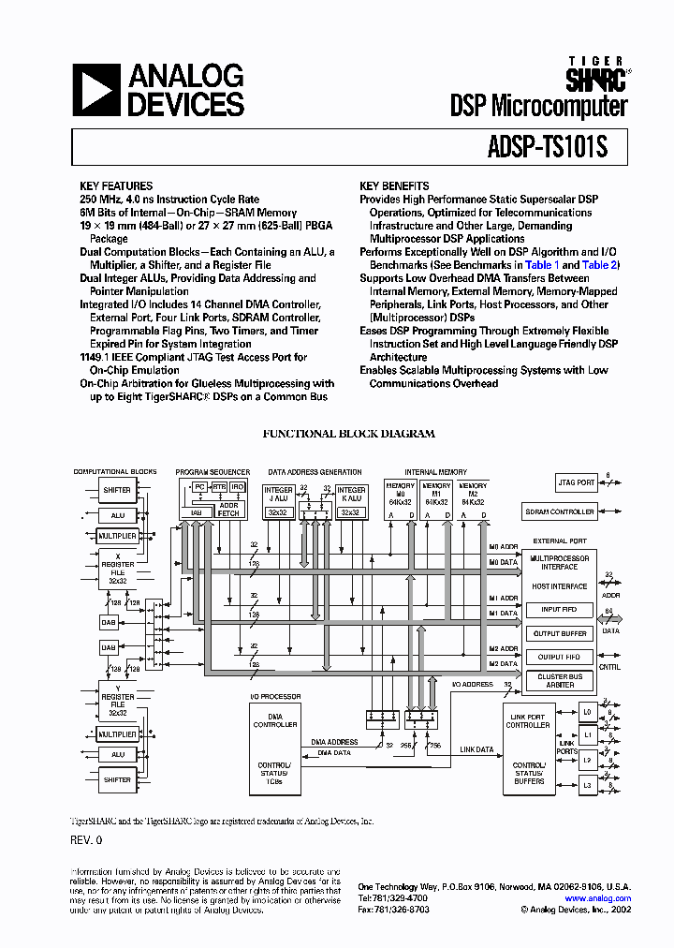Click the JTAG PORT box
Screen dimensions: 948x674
pyautogui.click(x=577, y=482)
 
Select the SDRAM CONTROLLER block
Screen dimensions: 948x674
pyautogui.click(x=559, y=511)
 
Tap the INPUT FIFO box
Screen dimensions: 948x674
pyautogui.click(x=558, y=610)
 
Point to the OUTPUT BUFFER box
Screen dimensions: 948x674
pyautogui.click(x=559, y=633)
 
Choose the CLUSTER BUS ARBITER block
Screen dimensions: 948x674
pyautogui.click(x=560, y=681)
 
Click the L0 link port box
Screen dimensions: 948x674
pyautogui.click(x=587, y=713)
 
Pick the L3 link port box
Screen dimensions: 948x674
pyautogui.click(x=587, y=785)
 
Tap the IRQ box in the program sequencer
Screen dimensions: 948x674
pyautogui.click(x=238, y=487)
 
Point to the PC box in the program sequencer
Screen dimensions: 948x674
pyautogui.click(x=199, y=487)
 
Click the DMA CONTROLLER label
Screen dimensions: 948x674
pyautogui.click(x=275, y=720)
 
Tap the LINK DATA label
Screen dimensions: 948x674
pyautogui.click(x=476, y=749)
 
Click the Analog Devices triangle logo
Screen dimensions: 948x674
pyautogui.click(x=96, y=90)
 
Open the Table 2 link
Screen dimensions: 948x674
pyautogui.click(x=599, y=265)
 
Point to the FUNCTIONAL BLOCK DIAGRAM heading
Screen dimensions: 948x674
pyautogui.click(x=348, y=434)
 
